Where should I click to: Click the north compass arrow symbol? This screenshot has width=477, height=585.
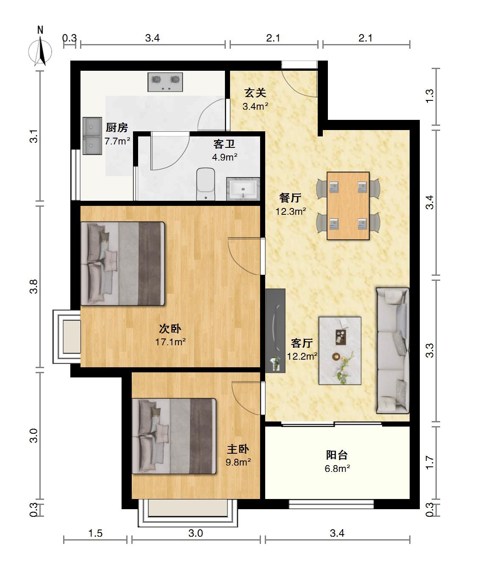(41, 52)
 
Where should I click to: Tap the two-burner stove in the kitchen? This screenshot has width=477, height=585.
(165, 82)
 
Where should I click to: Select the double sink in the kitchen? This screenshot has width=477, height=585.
(92, 136)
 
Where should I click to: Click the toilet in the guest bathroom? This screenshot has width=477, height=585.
(205, 184)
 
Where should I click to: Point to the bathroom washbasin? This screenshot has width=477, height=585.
(243, 189)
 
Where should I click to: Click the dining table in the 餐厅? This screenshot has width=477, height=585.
(348, 205)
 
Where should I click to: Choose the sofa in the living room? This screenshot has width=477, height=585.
(392, 351)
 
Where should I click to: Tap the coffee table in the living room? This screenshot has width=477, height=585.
(340, 351)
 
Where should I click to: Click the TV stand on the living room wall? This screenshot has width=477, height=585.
(275, 330)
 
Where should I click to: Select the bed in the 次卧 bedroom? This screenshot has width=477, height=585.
(123, 263)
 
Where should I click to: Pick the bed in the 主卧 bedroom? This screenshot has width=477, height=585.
(174, 436)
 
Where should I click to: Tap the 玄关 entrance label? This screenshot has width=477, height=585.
(255, 93)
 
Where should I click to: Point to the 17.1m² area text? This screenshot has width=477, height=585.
(170, 342)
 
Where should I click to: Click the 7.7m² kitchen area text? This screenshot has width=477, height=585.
(117, 141)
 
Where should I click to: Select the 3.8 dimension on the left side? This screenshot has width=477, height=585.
(33, 286)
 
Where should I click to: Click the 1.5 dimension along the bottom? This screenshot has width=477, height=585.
(95, 533)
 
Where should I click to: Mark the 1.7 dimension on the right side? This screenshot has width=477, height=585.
(430, 463)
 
